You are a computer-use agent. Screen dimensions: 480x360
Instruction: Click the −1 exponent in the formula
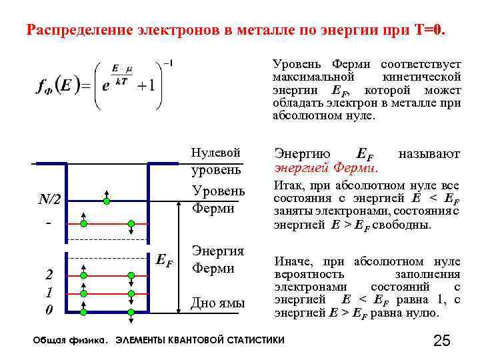(167, 64)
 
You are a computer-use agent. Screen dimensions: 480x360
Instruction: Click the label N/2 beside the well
(49, 199)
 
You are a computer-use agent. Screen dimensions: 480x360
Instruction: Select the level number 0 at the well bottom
(49, 310)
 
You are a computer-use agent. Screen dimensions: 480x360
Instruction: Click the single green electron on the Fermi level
(107, 200)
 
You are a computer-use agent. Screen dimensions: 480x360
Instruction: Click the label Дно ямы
(218, 303)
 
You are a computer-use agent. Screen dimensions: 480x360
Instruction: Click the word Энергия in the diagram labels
(217, 251)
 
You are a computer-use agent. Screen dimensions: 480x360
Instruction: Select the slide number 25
(442, 341)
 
